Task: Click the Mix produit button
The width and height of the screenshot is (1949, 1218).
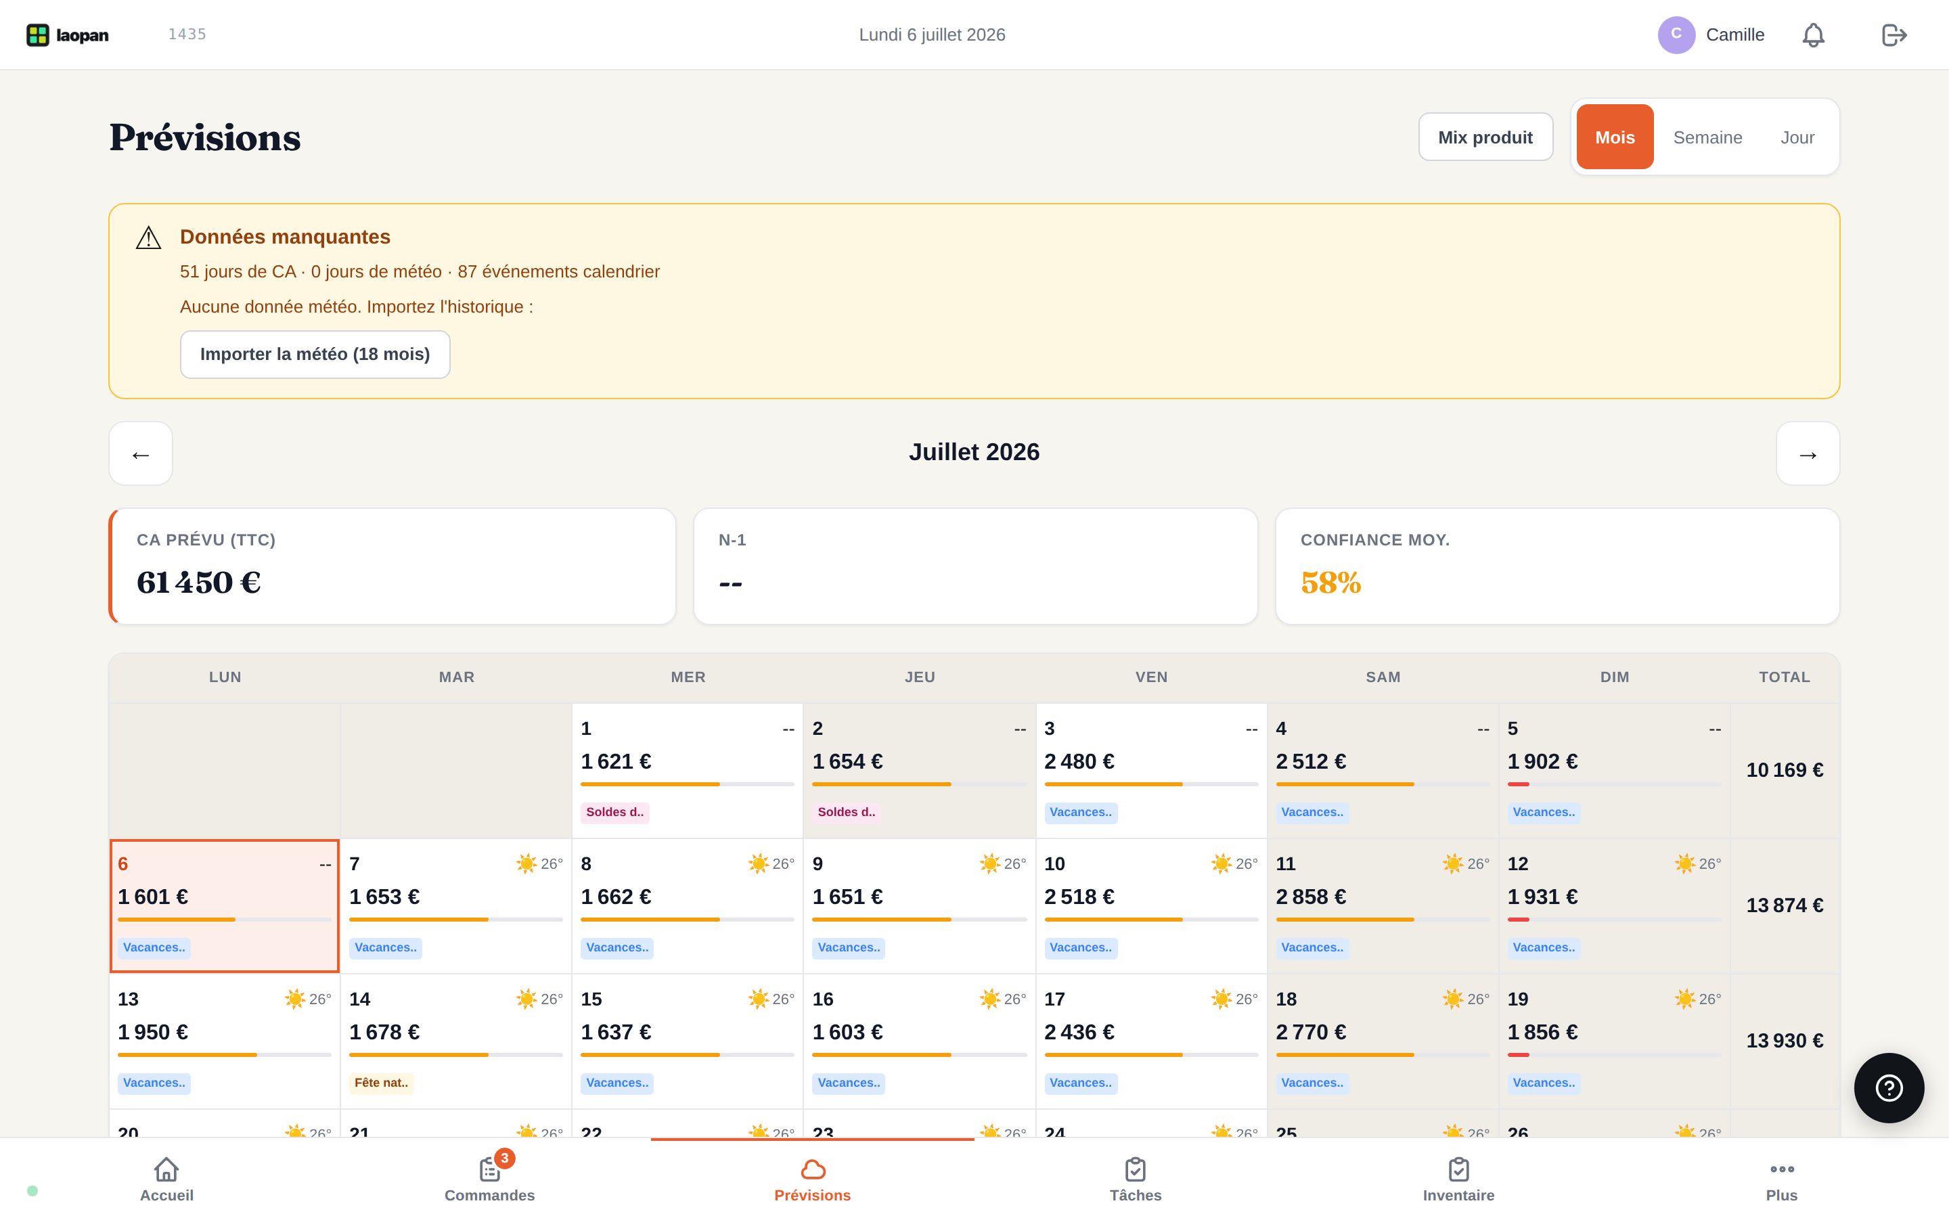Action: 1485,137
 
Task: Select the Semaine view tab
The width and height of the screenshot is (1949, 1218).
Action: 1707,137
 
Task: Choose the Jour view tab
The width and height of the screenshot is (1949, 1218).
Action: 1797,137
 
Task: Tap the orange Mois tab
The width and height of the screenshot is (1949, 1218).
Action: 1615,137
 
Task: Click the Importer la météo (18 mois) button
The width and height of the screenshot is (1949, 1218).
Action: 315,355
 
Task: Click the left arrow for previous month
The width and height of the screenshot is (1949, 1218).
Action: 141,453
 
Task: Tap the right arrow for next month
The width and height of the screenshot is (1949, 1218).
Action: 1808,453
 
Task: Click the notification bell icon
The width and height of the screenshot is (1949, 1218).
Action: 1813,35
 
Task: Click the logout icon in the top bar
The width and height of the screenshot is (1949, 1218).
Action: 1894,35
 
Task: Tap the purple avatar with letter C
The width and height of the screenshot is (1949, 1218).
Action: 1676,35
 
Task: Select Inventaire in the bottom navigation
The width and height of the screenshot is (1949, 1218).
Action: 1458,1179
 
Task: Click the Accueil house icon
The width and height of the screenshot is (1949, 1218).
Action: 166,1169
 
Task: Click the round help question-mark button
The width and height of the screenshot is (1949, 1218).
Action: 1889,1087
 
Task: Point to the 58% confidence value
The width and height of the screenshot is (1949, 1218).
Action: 1330,583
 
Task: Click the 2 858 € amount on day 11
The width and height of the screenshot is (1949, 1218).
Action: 1310,897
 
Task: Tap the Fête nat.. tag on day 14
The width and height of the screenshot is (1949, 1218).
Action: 382,1083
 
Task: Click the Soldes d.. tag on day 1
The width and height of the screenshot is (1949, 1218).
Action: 614,812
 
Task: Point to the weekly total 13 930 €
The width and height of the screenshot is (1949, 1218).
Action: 1785,1041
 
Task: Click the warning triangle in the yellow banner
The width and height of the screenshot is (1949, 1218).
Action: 149,238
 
